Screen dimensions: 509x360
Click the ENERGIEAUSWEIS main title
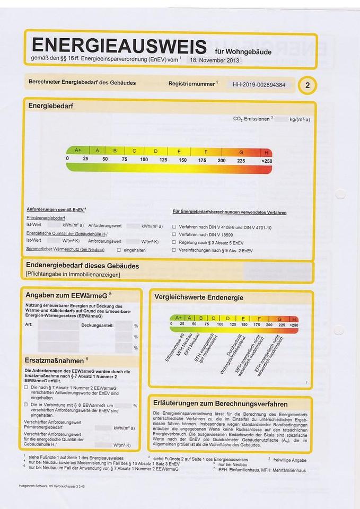[119, 46]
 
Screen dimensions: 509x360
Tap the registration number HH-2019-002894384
[259, 84]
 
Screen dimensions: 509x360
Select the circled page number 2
[308, 85]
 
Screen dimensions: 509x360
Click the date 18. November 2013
[214, 60]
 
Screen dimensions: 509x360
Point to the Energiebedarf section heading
[50, 106]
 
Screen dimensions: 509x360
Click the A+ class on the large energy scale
[78, 151]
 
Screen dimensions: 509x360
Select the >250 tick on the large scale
[266, 160]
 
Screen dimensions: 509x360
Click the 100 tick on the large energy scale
[144, 160]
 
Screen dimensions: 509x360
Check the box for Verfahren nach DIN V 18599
[174, 234]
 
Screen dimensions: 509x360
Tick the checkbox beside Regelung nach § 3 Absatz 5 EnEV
[174, 241]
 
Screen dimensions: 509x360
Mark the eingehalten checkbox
[119, 249]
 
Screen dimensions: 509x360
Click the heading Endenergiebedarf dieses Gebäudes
[82, 266]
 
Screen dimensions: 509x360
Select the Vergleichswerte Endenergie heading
[198, 297]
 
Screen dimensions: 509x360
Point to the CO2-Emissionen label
[252, 119]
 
